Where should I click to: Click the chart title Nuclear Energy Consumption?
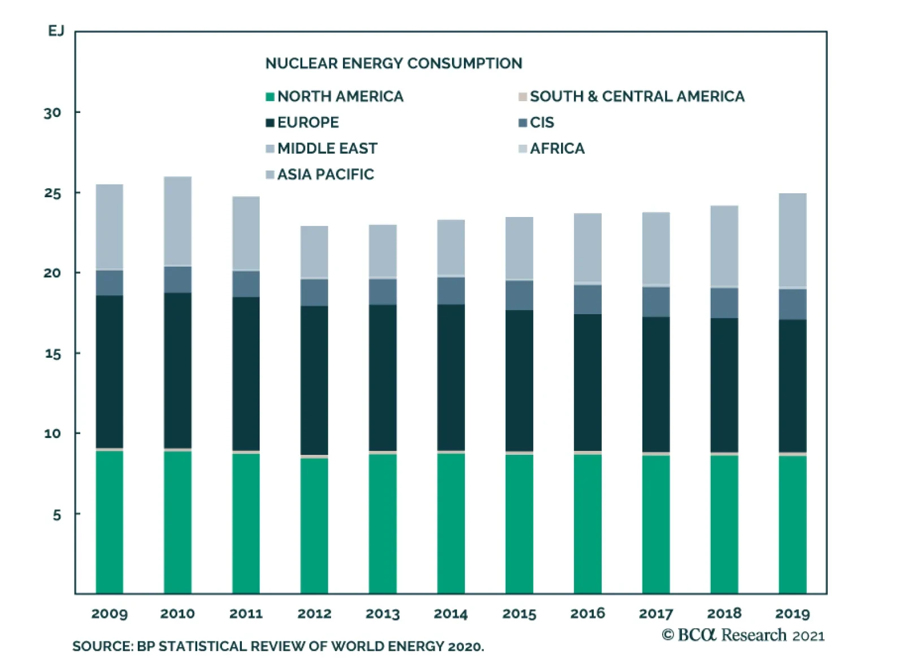coord(394,63)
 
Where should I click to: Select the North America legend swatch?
coord(270,97)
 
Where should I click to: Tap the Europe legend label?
coord(308,123)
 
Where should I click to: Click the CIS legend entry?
coord(541,123)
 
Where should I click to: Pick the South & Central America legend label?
coord(637,97)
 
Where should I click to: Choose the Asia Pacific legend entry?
coord(325,175)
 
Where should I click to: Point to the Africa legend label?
coord(557,149)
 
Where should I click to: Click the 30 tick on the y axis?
coord(53,113)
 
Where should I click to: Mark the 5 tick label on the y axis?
coord(56,515)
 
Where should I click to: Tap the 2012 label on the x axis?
coord(314,614)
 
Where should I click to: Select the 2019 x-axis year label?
coord(792,614)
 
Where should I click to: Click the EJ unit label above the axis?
coord(56,31)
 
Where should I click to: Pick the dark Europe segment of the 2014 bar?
coord(451,377)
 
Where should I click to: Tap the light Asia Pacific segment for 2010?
coord(177,221)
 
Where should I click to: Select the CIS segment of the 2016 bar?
coord(588,299)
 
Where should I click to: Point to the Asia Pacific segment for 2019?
coord(792,240)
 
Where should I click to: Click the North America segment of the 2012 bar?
coord(314,526)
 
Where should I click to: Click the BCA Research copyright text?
coord(742,635)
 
